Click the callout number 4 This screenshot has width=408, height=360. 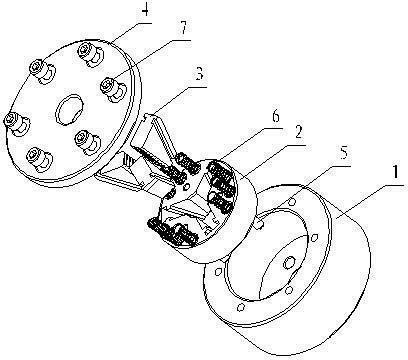145,12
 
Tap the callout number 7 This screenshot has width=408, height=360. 183,31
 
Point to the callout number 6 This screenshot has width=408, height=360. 276,118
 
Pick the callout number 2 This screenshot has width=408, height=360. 298,133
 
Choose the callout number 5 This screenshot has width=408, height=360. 344,153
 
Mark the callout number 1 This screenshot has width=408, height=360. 395,173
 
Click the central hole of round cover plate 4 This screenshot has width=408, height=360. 68,110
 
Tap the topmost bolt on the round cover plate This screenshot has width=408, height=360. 89,54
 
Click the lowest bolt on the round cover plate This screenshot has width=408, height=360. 39,159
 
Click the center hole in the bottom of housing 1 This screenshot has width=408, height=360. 289,262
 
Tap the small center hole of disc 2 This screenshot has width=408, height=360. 187,186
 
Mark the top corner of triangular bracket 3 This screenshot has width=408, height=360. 148,115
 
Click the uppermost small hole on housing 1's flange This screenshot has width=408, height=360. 292,202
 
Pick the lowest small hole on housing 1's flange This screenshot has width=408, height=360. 241,307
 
